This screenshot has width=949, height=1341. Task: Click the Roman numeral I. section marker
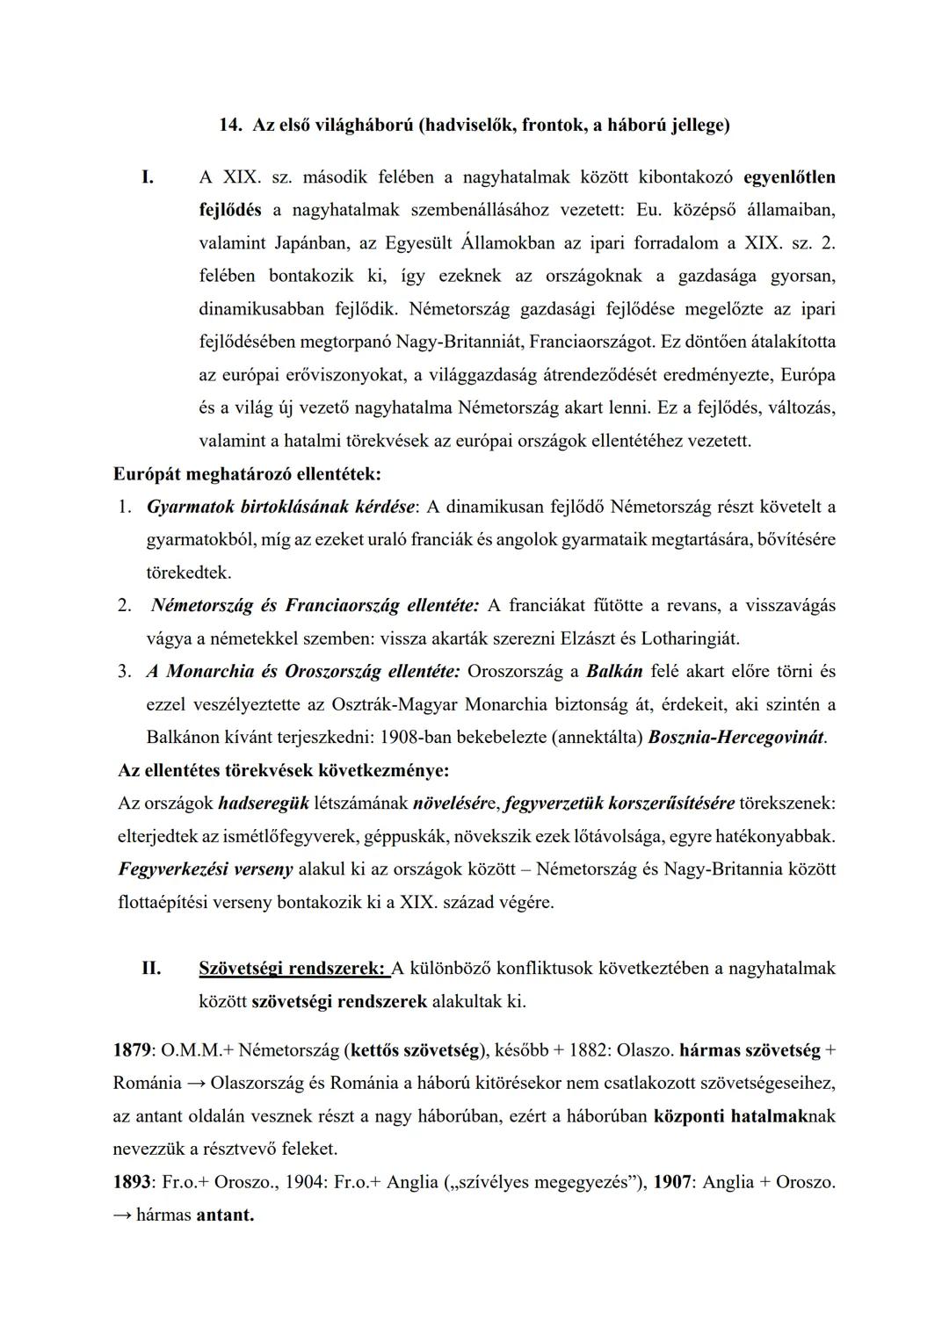tap(148, 177)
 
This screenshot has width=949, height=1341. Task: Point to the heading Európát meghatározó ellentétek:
tap(247, 474)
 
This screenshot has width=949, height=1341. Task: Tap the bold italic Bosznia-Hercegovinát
tap(736, 738)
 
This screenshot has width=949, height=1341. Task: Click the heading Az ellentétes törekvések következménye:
tap(283, 771)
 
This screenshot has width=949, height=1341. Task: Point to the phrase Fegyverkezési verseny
tap(206, 869)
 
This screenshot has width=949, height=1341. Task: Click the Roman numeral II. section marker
tap(151, 969)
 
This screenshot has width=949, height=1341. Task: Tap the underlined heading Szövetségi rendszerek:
tap(293, 969)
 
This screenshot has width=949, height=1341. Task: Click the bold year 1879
tap(133, 1050)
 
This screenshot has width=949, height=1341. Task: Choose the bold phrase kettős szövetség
tap(417, 1050)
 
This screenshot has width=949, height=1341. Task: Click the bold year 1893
tap(133, 1183)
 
